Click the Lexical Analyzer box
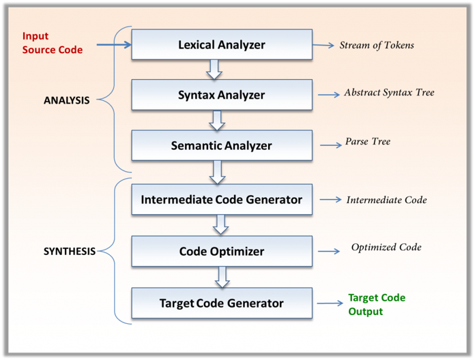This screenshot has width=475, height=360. [x=222, y=45]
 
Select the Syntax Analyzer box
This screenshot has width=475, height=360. [x=222, y=95]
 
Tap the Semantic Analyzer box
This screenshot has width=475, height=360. [x=222, y=145]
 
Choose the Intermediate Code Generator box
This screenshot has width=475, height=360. [x=222, y=200]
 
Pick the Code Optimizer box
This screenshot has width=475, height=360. [x=222, y=251]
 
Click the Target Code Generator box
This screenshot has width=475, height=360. [x=222, y=303]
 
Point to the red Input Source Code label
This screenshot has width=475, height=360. [x=53, y=43]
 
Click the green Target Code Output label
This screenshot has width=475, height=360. [x=377, y=305]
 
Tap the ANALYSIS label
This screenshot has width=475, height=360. [x=66, y=100]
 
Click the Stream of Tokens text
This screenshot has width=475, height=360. [x=377, y=46]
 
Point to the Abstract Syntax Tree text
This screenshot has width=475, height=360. [x=389, y=93]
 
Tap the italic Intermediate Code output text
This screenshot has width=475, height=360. [x=386, y=200]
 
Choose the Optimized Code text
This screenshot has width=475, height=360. [x=386, y=247]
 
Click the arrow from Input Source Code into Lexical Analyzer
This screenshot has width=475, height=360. [x=113, y=45]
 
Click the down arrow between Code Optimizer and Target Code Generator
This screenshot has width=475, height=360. [x=221, y=277]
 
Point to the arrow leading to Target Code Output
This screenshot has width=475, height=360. [x=330, y=303]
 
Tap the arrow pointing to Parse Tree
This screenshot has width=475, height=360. [x=330, y=145]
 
